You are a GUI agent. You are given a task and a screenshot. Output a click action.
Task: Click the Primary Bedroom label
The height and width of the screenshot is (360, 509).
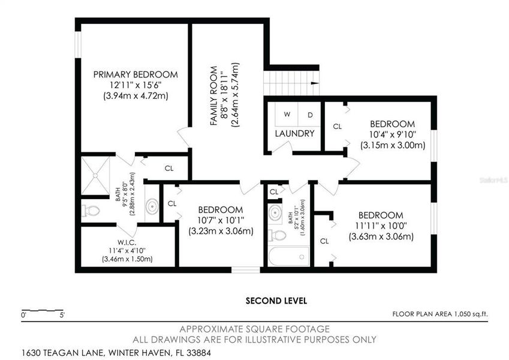coord(135,74)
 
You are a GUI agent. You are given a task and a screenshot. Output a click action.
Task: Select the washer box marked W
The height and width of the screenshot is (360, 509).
coord(287,114)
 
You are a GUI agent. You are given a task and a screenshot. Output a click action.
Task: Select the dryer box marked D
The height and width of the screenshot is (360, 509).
coord(310,114)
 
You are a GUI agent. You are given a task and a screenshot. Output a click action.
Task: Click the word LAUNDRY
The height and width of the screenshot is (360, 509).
coord(295,133)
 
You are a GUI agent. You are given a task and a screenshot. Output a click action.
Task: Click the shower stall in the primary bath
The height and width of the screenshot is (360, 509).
coord(96,176)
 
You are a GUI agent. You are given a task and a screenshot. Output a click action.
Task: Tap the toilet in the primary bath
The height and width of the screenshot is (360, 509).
coord(91,211)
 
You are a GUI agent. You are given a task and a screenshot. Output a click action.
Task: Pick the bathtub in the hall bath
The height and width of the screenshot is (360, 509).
coord(288,257)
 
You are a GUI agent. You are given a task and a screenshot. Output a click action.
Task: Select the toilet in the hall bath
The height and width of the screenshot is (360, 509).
coord(276,235)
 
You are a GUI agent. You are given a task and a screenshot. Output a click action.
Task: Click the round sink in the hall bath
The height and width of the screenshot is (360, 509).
coord(276,212)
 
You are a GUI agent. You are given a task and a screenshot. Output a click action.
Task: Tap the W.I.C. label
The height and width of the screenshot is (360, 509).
coord(128,242)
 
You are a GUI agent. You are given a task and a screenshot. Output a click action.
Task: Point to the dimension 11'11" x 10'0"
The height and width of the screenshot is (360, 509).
coord(381,226)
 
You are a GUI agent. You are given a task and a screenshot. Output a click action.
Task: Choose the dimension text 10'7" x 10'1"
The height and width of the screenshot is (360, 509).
coord(221,220)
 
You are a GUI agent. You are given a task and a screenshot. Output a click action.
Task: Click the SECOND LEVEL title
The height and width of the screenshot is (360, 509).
coord(276,301)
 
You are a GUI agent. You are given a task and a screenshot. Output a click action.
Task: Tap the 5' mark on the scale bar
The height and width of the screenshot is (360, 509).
coord(62,314)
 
